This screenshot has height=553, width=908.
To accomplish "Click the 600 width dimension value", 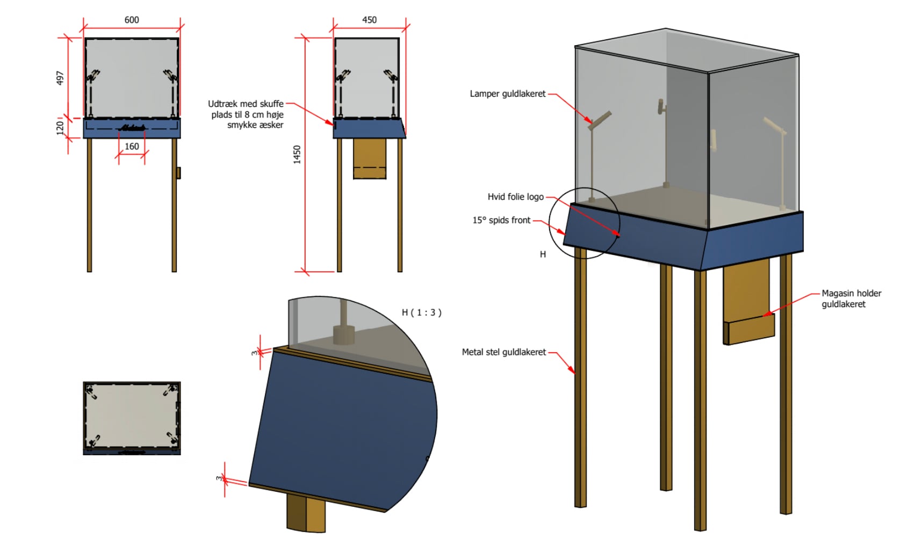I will click(132, 20).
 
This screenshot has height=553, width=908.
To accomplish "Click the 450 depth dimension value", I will click(369, 20).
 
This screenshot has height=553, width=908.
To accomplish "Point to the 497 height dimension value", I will click(60, 78).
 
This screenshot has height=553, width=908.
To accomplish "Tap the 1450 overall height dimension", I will click(297, 155).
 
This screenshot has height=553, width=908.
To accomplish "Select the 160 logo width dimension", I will click(132, 147).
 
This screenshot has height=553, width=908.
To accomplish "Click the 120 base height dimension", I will click(60, 128).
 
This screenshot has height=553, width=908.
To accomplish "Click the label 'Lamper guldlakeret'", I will click(507, 94).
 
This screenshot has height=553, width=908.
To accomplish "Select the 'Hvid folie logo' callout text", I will click(515, 197).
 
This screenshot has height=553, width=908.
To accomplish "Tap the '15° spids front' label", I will click(501, 220).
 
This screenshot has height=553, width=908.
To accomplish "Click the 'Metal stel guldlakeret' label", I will click(503, 352).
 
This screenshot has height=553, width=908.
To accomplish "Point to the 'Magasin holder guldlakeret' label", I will click(851, 299).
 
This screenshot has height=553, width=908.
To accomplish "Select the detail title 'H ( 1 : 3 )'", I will click(421, 312).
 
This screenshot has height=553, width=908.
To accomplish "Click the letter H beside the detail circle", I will click(543, 254).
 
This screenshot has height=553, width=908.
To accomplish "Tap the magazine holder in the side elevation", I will click(370, 158).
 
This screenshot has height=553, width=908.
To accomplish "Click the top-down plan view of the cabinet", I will click(132, 418).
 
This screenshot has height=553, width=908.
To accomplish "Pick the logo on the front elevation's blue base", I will click(132, 128).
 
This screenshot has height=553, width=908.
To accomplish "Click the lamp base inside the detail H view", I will click(344, 334).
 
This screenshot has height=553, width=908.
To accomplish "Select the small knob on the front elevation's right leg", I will click(178, 173).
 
